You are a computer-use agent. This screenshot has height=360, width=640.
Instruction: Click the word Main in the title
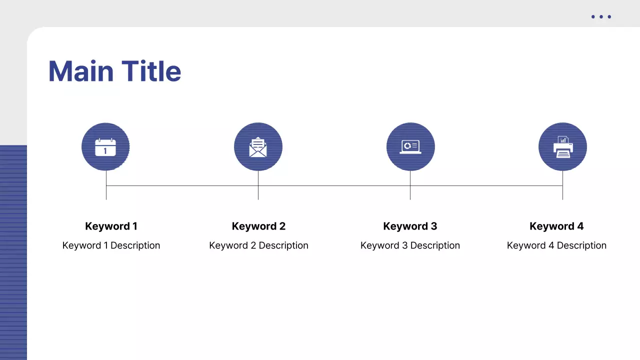pyautogui.click(x=80, y=71)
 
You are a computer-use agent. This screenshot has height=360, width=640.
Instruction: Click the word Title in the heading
pyautogui.click(x=151, y=71)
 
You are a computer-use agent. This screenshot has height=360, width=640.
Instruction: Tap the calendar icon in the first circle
pyautogui.click(x=105, y=147)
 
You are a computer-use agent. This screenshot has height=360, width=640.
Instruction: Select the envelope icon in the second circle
pyautogui.click(x=258, y=147)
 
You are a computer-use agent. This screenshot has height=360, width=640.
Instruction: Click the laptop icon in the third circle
pyautogui.click(x=410, y=146)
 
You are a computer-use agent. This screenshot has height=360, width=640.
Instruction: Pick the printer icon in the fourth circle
pyautogui.click(x=563, y=147)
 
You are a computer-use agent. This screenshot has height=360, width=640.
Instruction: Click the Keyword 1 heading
pyautogui.click(x=111, y=226)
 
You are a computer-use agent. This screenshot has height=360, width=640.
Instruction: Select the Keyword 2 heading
pyautogui.click(x=258, y=226)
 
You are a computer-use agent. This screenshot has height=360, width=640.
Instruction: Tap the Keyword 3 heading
pyautogui.click(x=410, y=226)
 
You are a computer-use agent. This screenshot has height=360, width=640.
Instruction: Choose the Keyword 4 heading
pyautogui.click(x=556, y=226)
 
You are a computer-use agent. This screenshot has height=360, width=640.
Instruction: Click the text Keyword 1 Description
pyautogui.click(x=111, y=245)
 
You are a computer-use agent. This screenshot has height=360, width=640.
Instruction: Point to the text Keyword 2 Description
pyautogui.click(x=258, y=245)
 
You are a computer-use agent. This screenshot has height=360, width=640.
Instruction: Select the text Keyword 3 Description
pyautogui.click(x=410, y=245)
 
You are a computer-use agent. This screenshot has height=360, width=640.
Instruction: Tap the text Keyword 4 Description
pyautogui.click(x=556, y=245)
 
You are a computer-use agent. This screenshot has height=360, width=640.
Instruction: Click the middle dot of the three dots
pyautogui.click(x=601, y=17)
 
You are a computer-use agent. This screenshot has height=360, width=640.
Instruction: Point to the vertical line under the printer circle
pyautogui.click(x=562, y=192)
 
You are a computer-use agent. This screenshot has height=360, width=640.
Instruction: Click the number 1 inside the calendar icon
pyautogui.click(x=105, y=150)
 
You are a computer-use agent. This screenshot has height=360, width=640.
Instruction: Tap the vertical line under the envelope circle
pyautogui.click(x=258, y=192)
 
